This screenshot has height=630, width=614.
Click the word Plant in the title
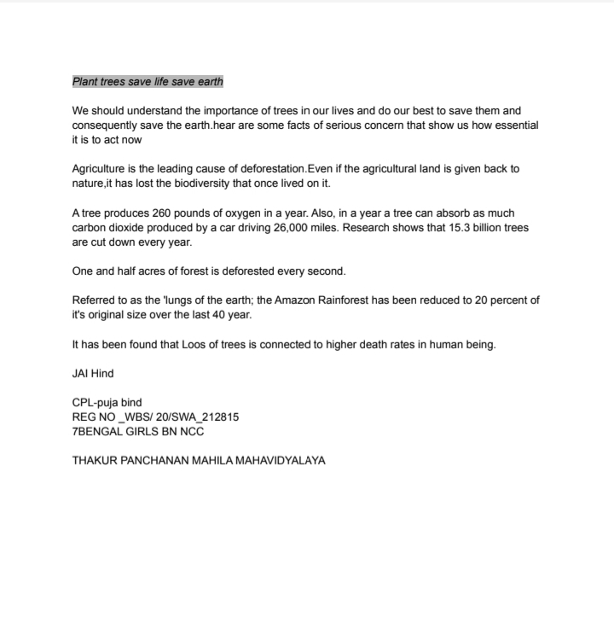[x=85, y=82]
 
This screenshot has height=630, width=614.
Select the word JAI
[x=82, y=373]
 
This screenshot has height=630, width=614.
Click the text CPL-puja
[x=95, y=402]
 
